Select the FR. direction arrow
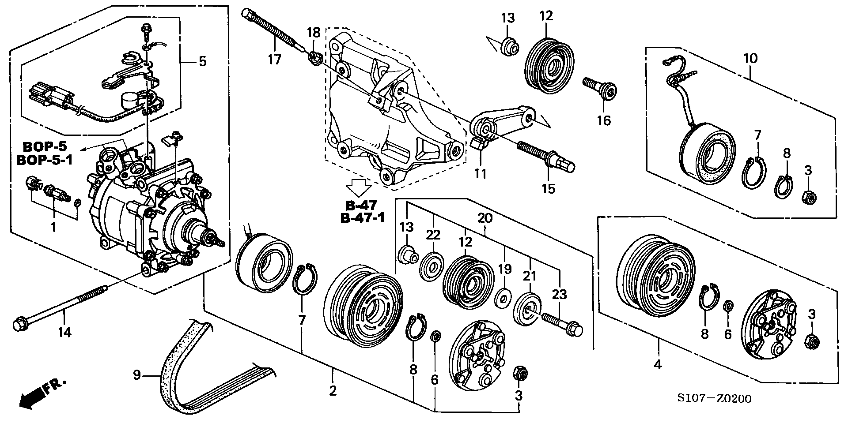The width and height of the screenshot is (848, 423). (42, 393)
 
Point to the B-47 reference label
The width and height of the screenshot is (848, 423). (361, 205)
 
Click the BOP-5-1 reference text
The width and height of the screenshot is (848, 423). (45, 161)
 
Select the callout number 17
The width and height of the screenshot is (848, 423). (274, 59)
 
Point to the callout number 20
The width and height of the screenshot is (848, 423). (485, 218)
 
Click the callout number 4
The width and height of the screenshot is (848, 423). (658, 365)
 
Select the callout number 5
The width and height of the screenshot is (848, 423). (202, 61)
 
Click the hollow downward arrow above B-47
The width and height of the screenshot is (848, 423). (358, 187)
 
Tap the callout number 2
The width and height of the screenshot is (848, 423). (333, 390)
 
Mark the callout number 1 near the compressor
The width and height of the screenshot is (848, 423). (53, 228)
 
